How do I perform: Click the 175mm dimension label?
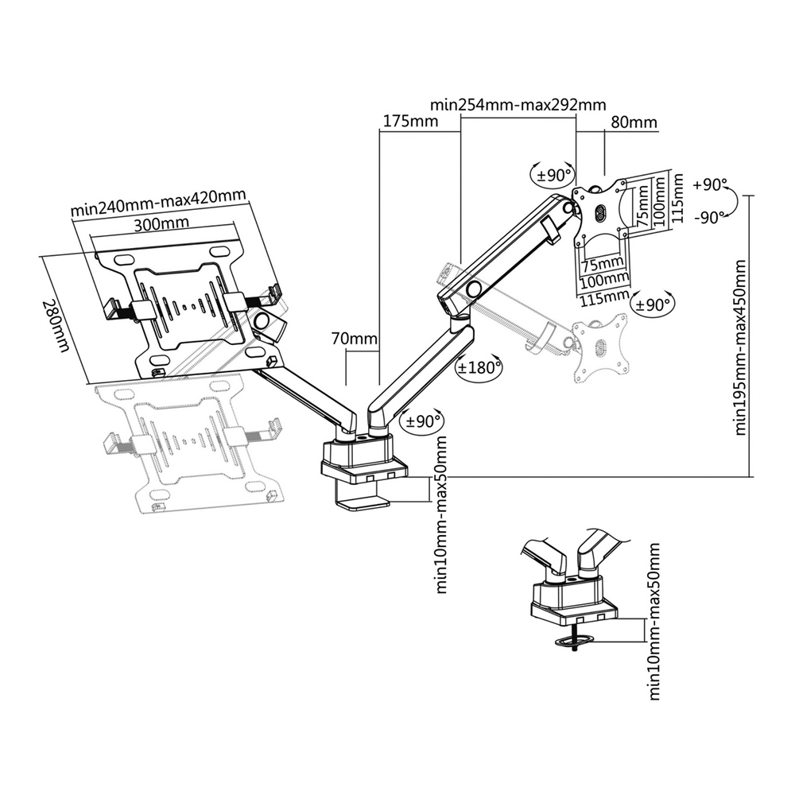pos(411,122)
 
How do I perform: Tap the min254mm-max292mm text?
pos(518,104)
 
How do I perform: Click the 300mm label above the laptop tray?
pos(156,224)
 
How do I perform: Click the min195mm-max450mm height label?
pos(740,347)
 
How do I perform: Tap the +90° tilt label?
pos(710,184)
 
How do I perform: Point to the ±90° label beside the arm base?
pos(424,421)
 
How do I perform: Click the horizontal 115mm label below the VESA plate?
pos(603,298)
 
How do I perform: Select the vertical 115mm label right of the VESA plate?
pos(677,200)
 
